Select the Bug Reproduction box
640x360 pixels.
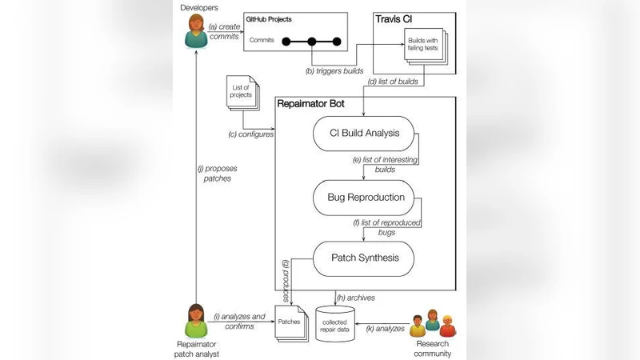pyautogui.click(x=365, y=196)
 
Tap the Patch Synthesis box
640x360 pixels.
pyautogui.click(x=364, y=258)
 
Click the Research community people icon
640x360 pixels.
pyautogui.click(x=431, y=324)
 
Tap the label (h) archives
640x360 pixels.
pyautogui.click(x=356, y=297)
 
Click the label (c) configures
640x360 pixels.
pyautogui.click(x=250, y=134)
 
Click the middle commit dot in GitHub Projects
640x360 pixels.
pyautogui.click(x=310, y=42)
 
